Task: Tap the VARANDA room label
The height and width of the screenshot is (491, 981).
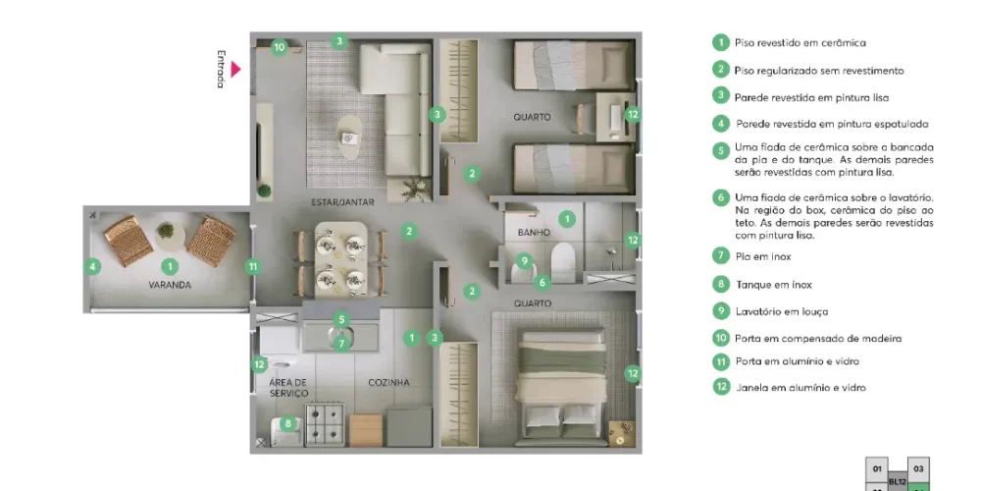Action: pyautogui.click(x=170, y=285)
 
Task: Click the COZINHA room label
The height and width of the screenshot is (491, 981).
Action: pyautogui.click(x=388, y=382)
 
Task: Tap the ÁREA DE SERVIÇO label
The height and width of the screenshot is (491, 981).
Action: pyautogui.click(x=288, y=388)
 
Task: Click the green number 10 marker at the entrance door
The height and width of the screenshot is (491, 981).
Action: pyautogui.click(x=279, y=46)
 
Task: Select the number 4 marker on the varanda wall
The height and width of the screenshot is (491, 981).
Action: pyautogui.click(x=92, y=265)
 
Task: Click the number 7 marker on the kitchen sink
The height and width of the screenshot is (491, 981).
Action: pyautogui.click(x=341, y=343)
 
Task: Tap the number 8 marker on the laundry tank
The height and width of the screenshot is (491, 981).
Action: pyautogui.click(x=287, y=423)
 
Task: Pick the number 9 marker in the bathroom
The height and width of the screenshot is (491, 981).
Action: pyautogui.click(x=525, y=260)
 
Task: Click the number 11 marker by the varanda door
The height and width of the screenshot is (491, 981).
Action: pyautogui.click(x=252, y=265)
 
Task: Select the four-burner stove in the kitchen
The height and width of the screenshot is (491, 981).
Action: pyautogui.click(x=323, y=424)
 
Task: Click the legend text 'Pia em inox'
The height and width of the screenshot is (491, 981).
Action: pyautogui.click(x=763, y=256)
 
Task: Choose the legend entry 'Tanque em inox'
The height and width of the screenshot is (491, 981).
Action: pyautogui.click(x=773, y=285)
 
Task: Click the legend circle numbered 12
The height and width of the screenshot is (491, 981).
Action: pyautogui.click(x=721, y=387)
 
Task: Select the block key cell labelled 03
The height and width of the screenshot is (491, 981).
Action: pyautogui.click(x=917, y=468)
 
